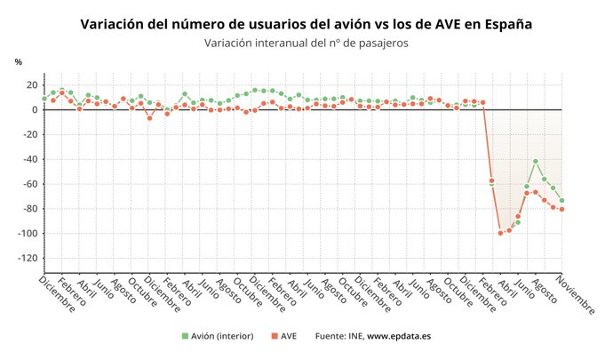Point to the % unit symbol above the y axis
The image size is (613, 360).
[19, 61]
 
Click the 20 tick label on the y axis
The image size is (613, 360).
[30, 85]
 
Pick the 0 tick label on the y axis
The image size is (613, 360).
[34, 110]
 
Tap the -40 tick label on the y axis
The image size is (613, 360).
[28, 159]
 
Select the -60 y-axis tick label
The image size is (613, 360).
[28, 184]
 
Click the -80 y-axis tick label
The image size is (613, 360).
[28, 209]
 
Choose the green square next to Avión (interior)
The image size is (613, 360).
[185, 336]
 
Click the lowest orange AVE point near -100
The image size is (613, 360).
[500, 233]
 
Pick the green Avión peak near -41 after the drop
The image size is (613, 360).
[536, 161]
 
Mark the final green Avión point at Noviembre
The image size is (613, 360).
[561, 201]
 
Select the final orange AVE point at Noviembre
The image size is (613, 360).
[561, 210]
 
